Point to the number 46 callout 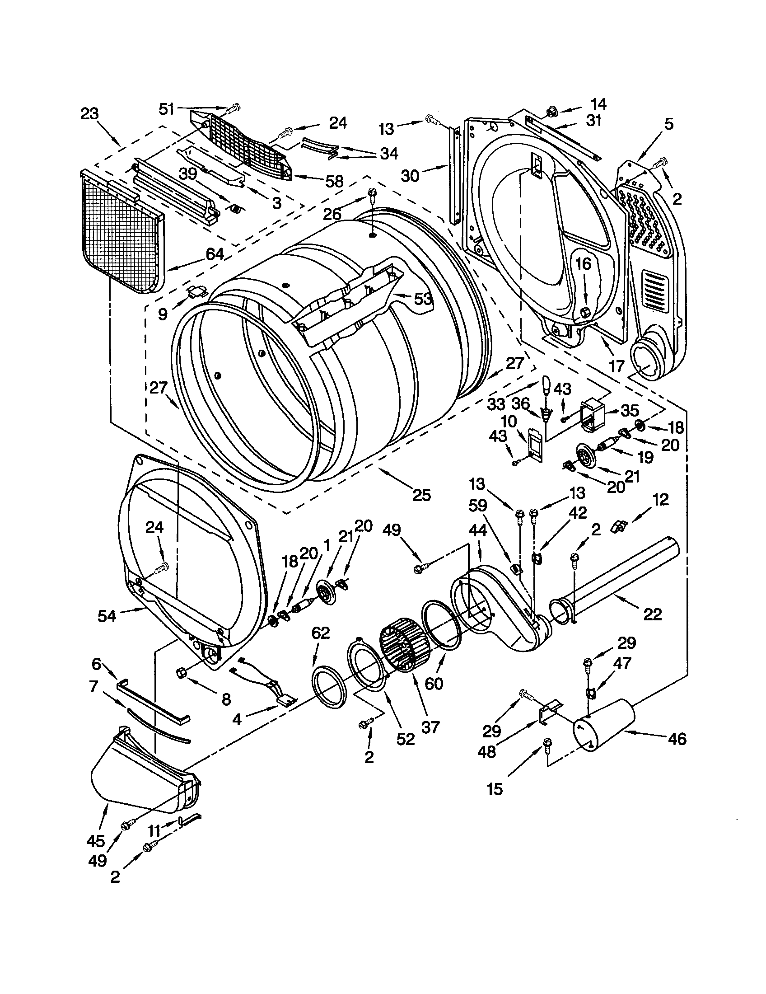(677, 738)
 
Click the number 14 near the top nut (598, 105)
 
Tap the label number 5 (668, 124)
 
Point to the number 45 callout (95, 841)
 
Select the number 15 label (495, 789)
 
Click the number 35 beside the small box (630, 411)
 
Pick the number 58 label (334, 182)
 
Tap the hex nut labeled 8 (181, 672)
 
